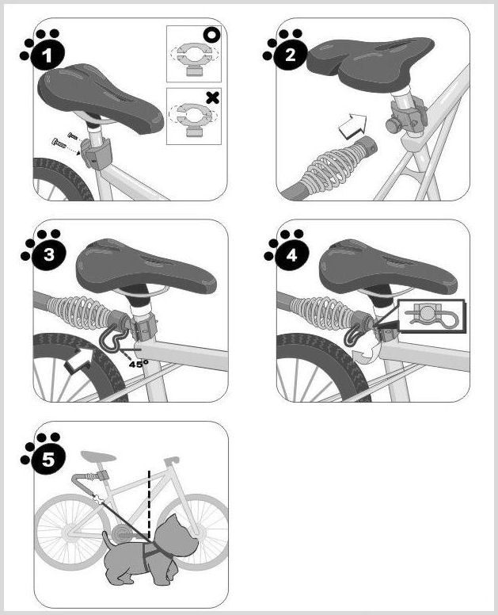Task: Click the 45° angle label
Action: (139, 365)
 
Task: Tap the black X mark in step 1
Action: (212, 97)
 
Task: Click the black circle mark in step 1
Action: (211, 35)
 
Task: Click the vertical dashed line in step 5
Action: (149, 504)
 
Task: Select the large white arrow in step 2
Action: (352, 125)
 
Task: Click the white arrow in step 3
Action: (79, 360)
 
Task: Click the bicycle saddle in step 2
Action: (371, 63)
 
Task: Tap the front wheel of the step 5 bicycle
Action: (196, 532)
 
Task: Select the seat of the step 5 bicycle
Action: (98, 456)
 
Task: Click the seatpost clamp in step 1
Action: (95, 153)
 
